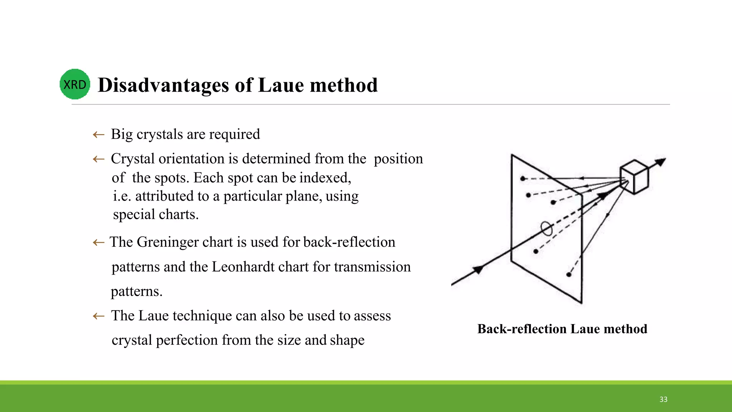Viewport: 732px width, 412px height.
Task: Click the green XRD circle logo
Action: point(75,84)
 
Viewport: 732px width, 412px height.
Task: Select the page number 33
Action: point(663,399)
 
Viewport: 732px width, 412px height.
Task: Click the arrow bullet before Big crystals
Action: point(98,135)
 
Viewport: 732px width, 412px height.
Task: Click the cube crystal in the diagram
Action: point(634,177)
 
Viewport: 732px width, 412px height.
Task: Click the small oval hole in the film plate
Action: point(546,229)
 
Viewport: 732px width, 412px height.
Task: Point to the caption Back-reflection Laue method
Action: point(562,329)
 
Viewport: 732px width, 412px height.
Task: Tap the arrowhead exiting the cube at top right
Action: point(661,162)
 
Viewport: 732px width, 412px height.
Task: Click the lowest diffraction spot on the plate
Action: point(569,275)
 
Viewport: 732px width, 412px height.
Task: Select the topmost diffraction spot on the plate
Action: point(523,178)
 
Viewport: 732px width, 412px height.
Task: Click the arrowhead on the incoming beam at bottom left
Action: point(478,270)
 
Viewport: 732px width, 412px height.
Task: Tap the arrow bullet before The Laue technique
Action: point(98,316)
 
